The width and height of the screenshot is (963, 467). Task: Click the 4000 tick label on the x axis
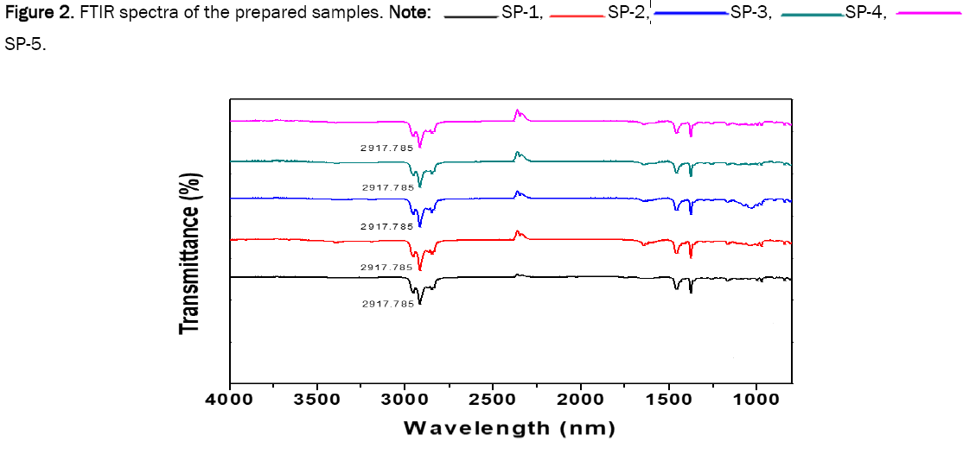point(229,400)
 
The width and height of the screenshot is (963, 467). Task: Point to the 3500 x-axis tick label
point(316,400)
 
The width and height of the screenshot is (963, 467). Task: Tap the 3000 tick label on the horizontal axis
point(405,400)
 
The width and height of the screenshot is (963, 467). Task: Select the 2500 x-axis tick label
point(492,400)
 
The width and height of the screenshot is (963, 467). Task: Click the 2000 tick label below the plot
point(580,400)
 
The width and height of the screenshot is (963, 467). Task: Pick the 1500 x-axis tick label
point(667,400)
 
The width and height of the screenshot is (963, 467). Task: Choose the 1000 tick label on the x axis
point(756,400)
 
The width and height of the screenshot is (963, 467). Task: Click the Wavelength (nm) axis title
point(510,428)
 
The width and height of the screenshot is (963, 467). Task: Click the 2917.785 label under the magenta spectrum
point(386,148)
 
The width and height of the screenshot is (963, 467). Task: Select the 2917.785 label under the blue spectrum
point(386,226)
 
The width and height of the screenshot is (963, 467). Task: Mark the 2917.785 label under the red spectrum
point(386,268)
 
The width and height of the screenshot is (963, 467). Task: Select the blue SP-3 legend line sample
point(690,15)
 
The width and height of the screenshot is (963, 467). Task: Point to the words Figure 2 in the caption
point(34,15)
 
